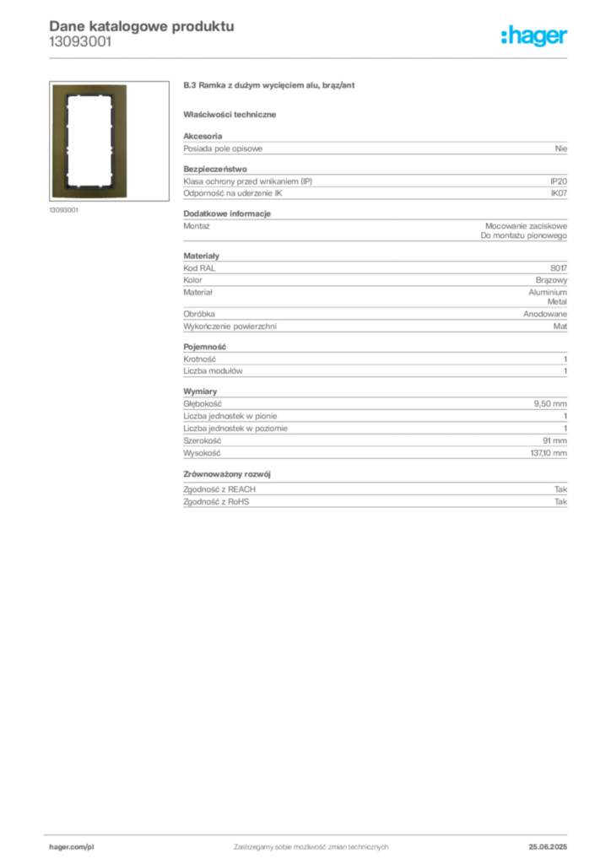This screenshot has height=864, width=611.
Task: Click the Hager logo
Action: click(x=533, y=35)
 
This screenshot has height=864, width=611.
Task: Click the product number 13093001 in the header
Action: click(x=80, y=42)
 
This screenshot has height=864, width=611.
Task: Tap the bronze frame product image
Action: click(x=89, y=141)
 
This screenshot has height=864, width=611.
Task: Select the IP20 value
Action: click(x=558, y=181)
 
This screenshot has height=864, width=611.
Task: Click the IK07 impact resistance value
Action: click(x=559, y=193)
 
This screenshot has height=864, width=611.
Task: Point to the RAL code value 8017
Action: click(x=558, y=268)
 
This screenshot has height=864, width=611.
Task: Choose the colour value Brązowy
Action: click(x=551, y=280)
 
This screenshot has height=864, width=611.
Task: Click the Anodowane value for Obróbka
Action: click(x=545, y=314)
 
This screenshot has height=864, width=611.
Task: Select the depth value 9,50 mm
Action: click(x=550, y=404)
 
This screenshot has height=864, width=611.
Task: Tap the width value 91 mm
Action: click(x=554, y=440)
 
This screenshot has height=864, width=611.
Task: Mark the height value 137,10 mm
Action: click(x=549, y=453)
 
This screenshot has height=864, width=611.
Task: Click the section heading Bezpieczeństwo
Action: click(x=215, y=169)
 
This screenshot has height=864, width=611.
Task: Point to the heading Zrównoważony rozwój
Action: click(x=227, y=474)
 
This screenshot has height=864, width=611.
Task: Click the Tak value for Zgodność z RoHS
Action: click(x=560, y=501)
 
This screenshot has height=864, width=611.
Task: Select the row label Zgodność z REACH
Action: click(x=219, y=489)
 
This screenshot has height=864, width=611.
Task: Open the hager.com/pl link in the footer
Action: click(x=72, y=847)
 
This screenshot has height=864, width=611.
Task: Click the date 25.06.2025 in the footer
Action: click(x=548, y=847)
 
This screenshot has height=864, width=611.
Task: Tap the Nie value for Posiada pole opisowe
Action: click(x=561, y=148)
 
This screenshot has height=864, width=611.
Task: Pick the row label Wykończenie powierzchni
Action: click(x=230, y=327)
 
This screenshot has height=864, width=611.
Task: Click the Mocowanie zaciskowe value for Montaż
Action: click(x=526, y=226)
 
